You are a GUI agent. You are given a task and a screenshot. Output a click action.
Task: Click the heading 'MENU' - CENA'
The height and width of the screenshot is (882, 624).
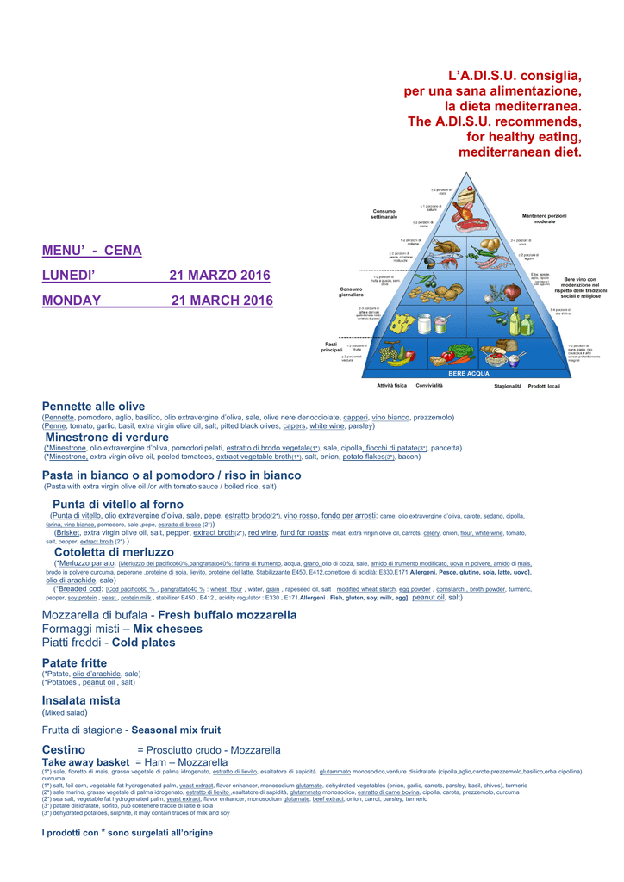coord(91,251)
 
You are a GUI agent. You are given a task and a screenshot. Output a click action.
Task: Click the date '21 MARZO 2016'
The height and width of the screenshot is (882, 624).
coord(220,276)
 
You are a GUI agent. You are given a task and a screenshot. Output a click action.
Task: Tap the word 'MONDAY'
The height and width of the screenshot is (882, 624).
coord(72,301)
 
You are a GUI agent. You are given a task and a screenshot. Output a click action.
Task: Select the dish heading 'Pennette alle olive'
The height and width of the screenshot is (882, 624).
coord(93,407)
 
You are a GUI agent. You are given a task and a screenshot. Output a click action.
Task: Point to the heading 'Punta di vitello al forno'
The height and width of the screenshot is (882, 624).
coord(118,504)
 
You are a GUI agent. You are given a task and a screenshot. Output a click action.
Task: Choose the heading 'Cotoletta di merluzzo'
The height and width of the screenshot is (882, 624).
coord(114,552)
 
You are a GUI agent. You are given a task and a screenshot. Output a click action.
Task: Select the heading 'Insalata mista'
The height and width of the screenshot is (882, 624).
coord(81,701)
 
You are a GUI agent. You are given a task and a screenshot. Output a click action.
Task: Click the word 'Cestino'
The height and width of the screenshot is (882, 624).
coord(64,750)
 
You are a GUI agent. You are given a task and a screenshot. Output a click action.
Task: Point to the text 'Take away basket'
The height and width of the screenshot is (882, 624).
coord(85,762)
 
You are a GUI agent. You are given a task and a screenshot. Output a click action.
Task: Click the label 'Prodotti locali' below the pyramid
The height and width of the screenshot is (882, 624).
coord(544,386)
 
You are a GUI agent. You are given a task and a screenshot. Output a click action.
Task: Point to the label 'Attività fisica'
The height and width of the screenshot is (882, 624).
coord(391,385)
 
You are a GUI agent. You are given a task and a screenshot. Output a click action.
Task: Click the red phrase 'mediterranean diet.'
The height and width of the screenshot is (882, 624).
coord(520,152)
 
